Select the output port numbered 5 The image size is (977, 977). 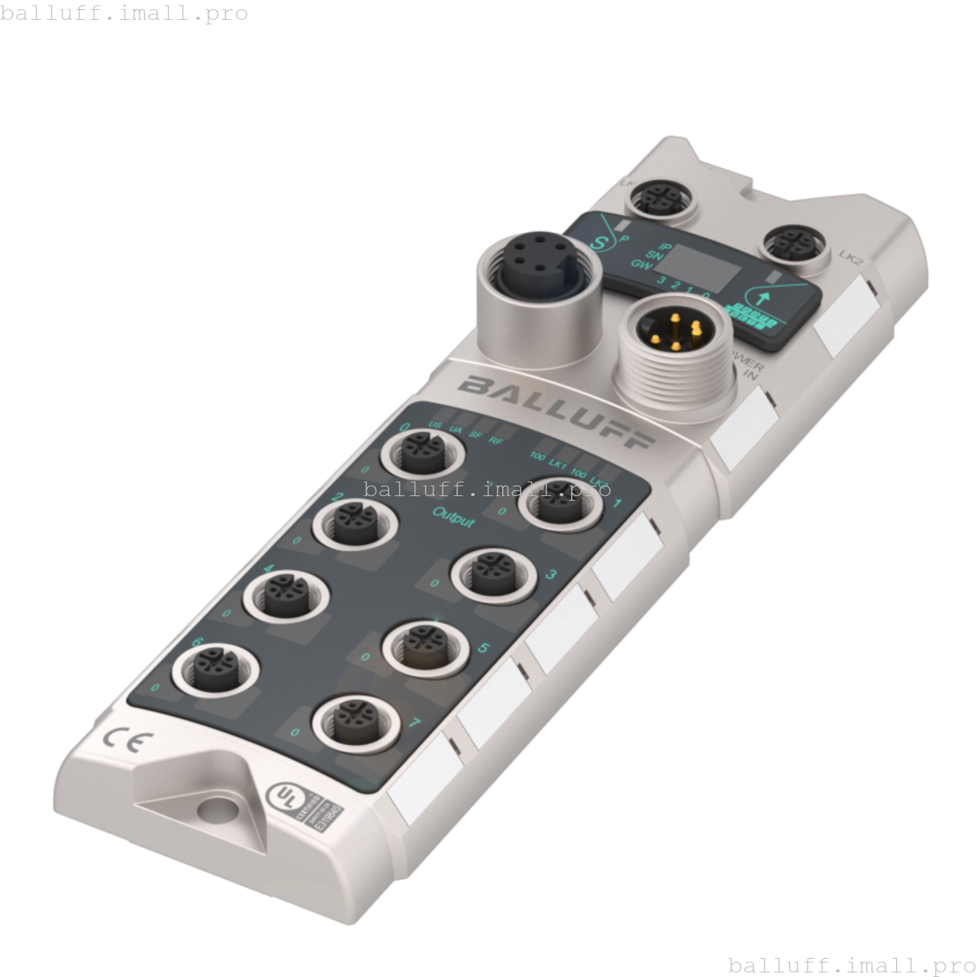tap(424, 647)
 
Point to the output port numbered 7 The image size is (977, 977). tap(355, 721)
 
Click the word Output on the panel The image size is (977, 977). tap(453, 516)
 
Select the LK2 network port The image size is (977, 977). tap(795, 245)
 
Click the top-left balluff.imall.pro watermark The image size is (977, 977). tap(124, 13)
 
